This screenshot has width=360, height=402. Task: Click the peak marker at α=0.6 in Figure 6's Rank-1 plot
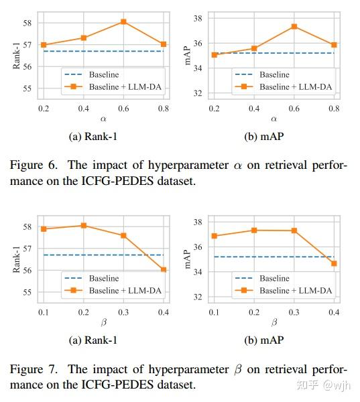pos(124,21)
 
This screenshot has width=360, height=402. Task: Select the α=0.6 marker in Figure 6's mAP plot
pos(294,26)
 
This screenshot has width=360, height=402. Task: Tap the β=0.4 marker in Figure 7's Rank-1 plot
pos(163,269)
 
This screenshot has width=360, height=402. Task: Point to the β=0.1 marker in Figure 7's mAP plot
pos(214,236)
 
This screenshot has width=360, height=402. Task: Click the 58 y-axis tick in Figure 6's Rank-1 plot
pos(27,23)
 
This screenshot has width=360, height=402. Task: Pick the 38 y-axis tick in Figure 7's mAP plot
pos(198,222)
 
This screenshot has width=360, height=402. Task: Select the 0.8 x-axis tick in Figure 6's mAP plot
pos(333,108)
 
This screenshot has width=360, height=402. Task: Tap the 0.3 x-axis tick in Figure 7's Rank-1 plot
pos(123,312)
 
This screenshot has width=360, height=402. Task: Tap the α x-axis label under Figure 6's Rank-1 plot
pos(104,119)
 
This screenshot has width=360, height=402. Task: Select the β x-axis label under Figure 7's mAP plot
pos(274,323)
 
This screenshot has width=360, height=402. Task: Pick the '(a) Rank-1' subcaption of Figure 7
pos(93,340)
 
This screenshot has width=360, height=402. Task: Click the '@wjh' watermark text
pos(337,385)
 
